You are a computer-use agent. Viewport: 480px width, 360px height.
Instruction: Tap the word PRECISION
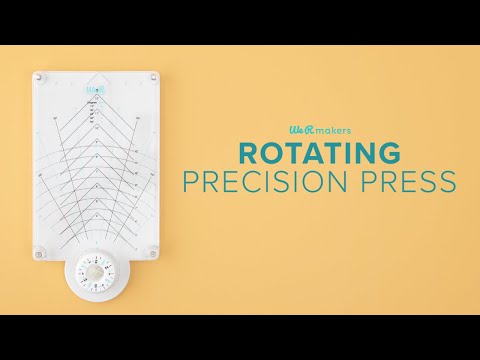click(x=284, y=183)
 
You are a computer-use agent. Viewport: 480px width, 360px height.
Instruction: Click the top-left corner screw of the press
click(x=40, y=77)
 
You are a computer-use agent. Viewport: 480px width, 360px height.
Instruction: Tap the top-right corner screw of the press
click(x=152, y=77)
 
